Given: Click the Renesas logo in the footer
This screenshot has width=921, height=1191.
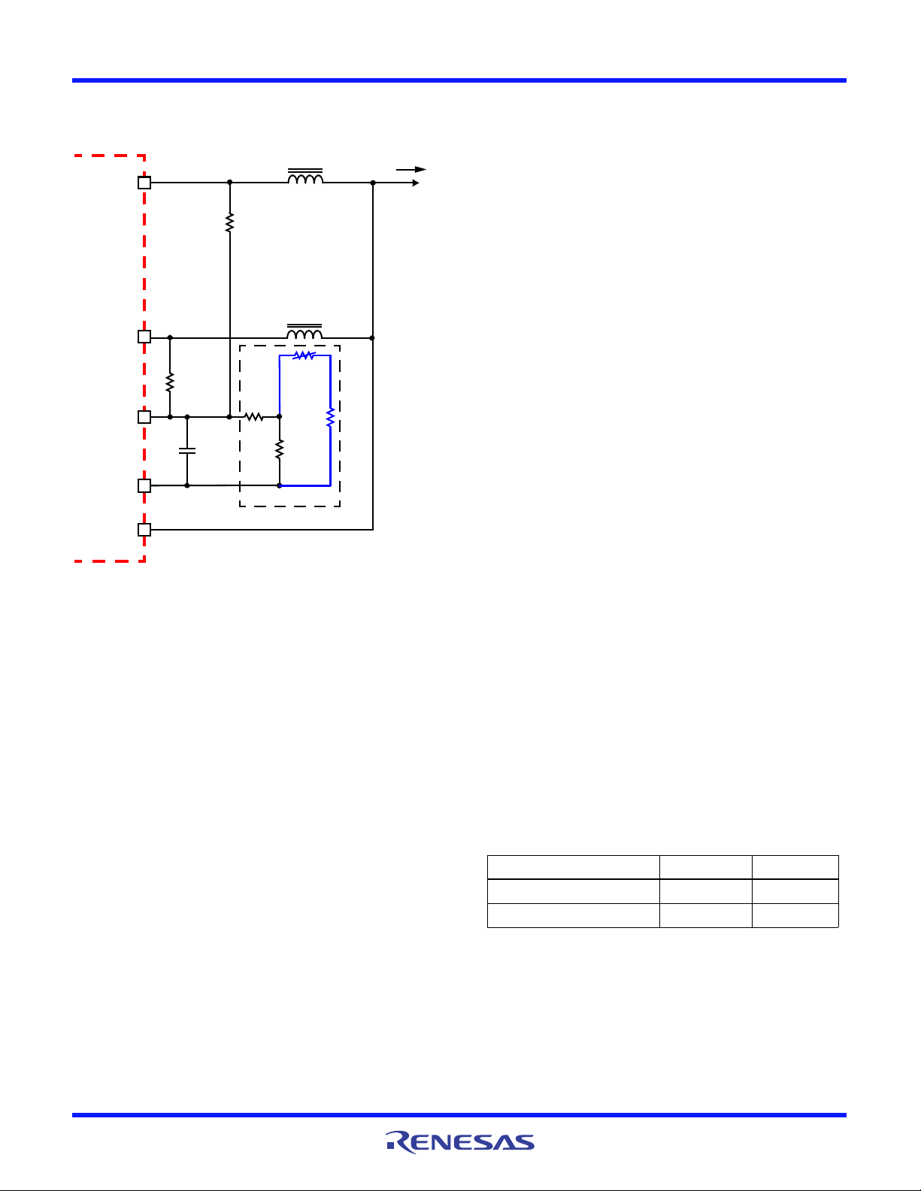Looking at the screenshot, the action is [x=460, y=1142].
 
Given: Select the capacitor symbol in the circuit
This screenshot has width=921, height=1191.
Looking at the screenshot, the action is [x=187, y=451].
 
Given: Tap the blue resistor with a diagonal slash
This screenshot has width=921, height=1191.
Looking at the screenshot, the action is [x=304, y=355].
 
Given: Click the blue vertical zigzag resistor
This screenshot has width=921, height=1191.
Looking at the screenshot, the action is [x=330, y=417].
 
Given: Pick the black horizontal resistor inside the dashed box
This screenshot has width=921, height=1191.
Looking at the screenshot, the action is [x=254, y=417].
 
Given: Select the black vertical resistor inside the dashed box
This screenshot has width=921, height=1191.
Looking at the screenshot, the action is [x=280, y=449].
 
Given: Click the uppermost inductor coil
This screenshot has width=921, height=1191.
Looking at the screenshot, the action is [x=305, y=176].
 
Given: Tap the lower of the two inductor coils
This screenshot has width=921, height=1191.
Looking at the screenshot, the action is [x=304, y=331].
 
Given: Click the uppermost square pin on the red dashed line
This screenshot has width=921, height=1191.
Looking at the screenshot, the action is [x=144, y=183].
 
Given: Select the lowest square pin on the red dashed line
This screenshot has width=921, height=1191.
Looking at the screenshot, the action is [x=144, y=530].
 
